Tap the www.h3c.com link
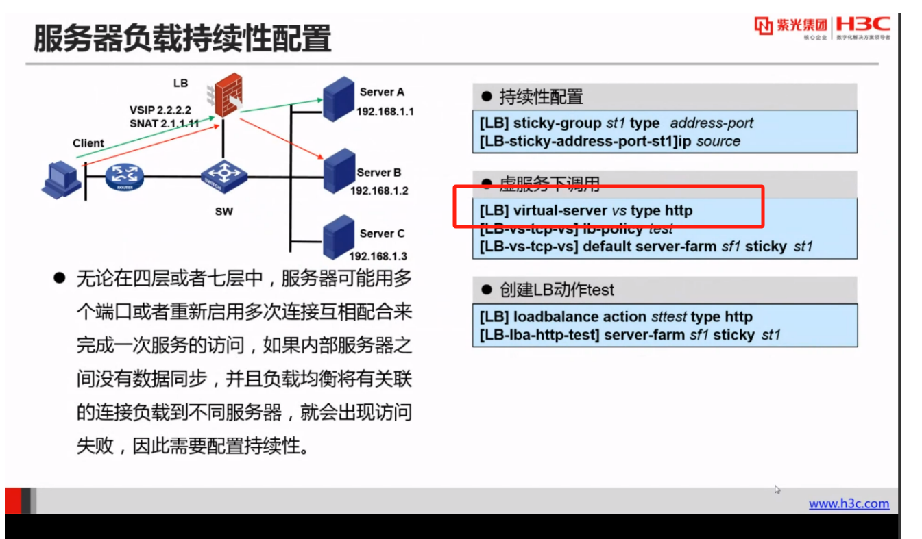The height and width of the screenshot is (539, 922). coord(849,504)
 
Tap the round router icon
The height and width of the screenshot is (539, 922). coord(125,177)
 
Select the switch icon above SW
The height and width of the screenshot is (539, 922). coord(224,177)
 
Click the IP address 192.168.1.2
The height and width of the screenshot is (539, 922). coord(379,190)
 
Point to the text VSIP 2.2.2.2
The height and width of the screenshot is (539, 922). coord(160,110)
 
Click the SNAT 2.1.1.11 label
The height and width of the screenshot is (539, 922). coord(165,124)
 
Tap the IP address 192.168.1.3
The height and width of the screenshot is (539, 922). coord(378,256)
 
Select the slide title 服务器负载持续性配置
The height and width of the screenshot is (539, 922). coord(182,38)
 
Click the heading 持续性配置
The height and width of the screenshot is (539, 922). coord(541,97)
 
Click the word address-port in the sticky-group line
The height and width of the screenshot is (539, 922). coord(712,123)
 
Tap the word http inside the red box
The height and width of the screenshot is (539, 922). coord(679,210)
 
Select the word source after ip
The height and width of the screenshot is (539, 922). coord(718,141)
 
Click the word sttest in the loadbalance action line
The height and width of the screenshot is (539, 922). coord(668,317)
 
